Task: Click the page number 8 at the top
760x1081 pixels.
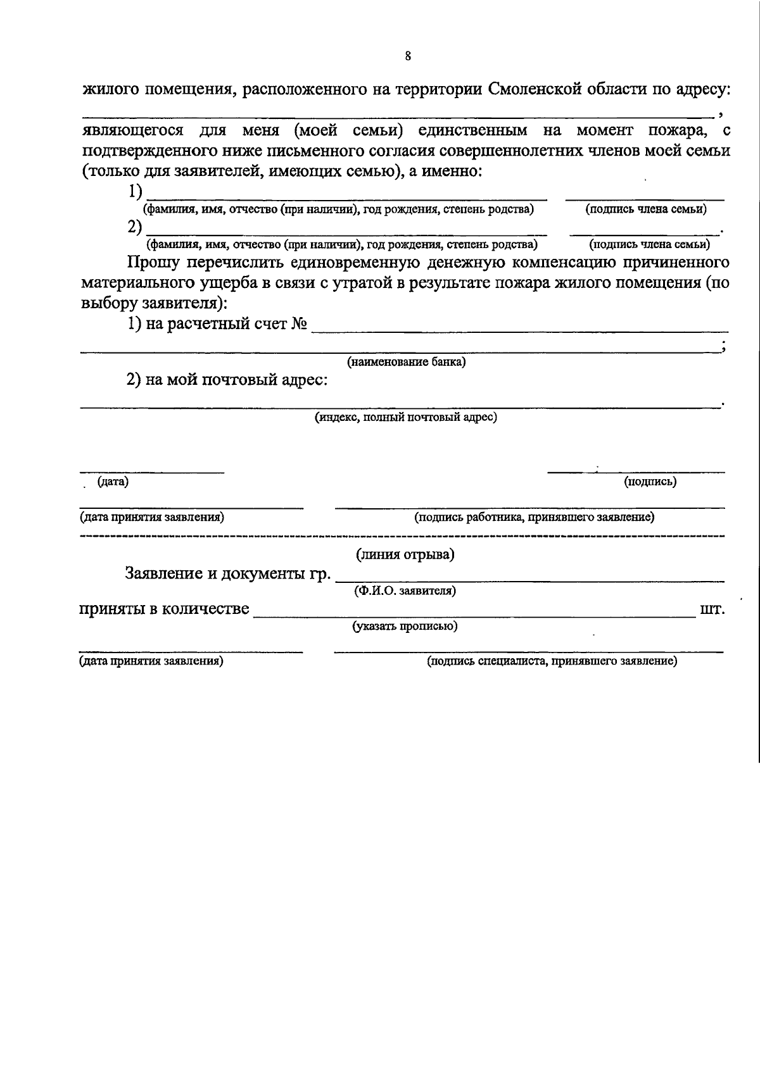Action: [408, 56]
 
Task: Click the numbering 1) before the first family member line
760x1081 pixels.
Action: [135, 191]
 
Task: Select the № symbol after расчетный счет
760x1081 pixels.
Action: [300, 325]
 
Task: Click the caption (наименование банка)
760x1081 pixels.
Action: [406, 363]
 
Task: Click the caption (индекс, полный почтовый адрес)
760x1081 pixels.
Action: [406, 418]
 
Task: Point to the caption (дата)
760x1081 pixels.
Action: [113, 482]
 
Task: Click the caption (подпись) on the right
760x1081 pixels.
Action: [650, 482]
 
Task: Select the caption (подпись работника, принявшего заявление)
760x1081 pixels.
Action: [534, 518]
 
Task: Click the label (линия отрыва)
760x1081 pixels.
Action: [405, 555]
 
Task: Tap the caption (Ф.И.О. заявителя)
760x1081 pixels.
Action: [405, 591]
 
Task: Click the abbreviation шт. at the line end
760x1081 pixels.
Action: [712, 609]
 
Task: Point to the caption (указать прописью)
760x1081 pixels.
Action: [405, 627]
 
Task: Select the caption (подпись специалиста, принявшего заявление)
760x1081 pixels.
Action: [552, 662]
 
